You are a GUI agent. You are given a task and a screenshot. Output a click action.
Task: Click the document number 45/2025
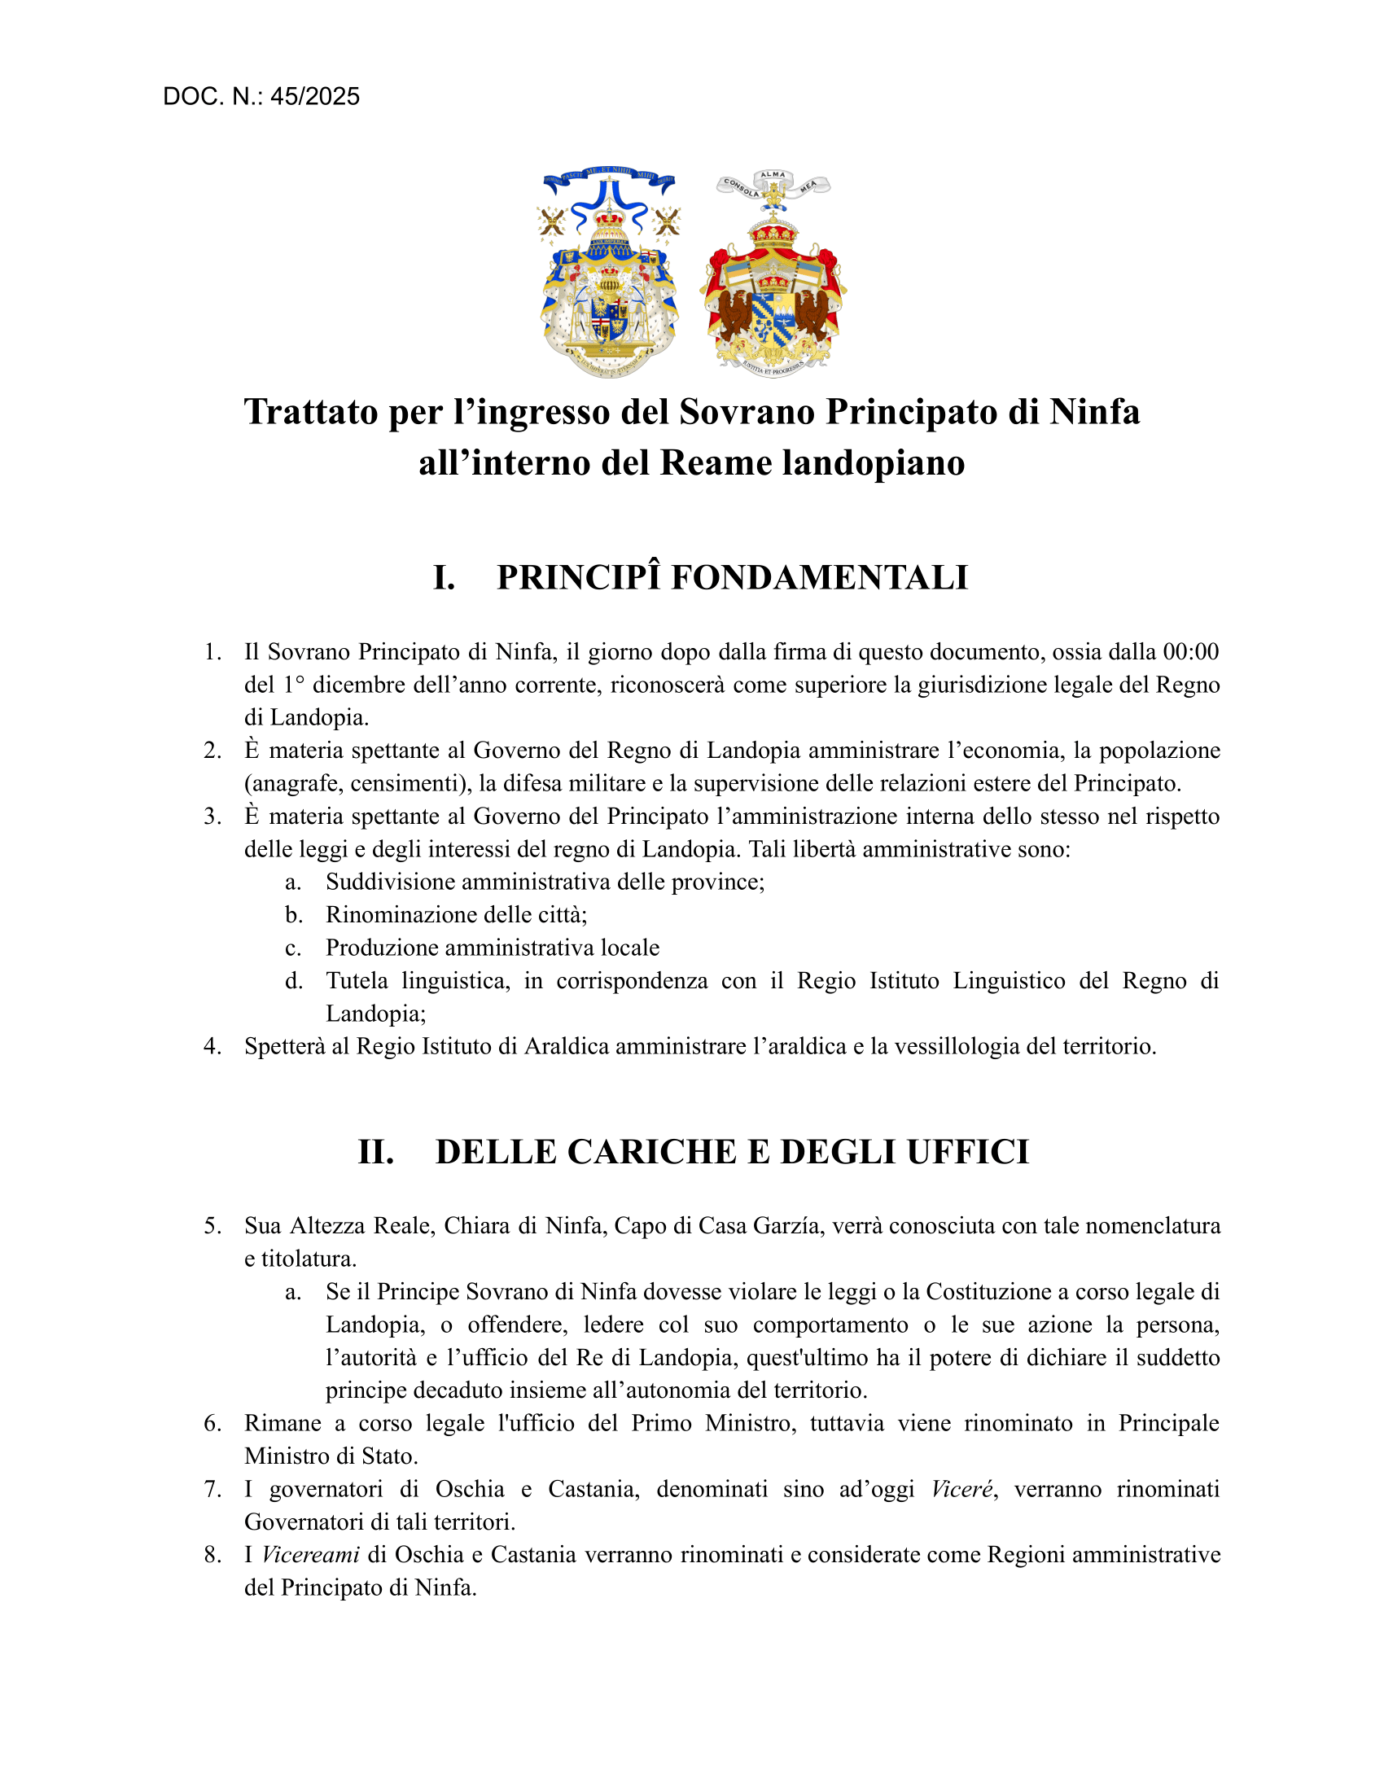point(315,97)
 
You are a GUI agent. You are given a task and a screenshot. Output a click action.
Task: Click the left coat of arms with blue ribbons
point(608,274)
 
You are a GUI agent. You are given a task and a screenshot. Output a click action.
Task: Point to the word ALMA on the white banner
point(773,175)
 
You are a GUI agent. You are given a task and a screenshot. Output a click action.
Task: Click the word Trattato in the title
point(312,412)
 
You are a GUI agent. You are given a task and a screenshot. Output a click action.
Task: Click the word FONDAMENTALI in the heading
point(819,578)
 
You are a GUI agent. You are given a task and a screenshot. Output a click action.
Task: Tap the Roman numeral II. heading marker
point(375,1152)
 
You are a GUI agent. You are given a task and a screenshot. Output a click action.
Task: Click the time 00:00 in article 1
point(1190,652)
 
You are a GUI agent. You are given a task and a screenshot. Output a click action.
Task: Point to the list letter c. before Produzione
point(293,948)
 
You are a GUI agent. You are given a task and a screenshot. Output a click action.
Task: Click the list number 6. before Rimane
point(212,1424)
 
